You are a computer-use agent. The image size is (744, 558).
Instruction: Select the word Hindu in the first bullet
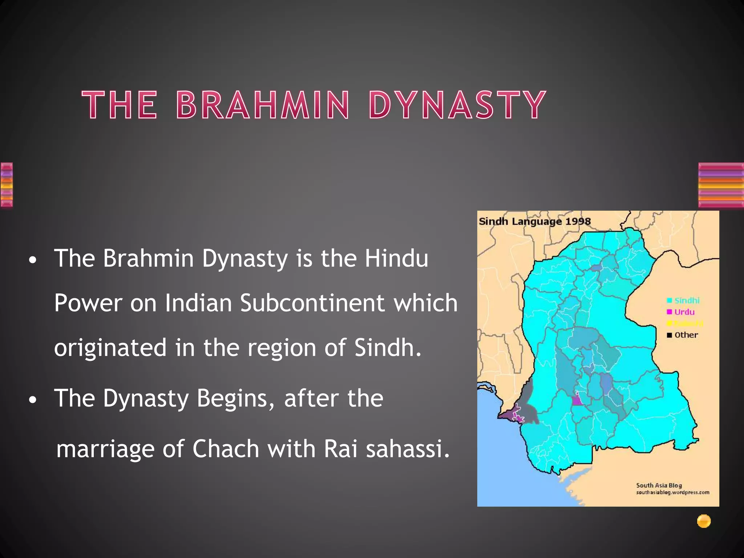click(x=396, y=258)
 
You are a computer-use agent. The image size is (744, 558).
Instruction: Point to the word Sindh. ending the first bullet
click(x=388, y=348)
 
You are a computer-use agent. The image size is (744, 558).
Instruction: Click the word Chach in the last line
click(x=226, y=449)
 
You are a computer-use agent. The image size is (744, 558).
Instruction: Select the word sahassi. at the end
click(x=408, y=449)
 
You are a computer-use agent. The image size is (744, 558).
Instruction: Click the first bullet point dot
click(x=33, y=260)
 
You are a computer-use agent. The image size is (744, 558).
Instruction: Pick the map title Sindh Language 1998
click(x=535, y=221)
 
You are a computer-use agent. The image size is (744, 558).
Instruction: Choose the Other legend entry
click(x=683, y=335)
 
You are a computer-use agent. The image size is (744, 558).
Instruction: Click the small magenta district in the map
click(x=577, y=400)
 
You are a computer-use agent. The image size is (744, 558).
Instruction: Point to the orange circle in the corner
click(x=704, y=521)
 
